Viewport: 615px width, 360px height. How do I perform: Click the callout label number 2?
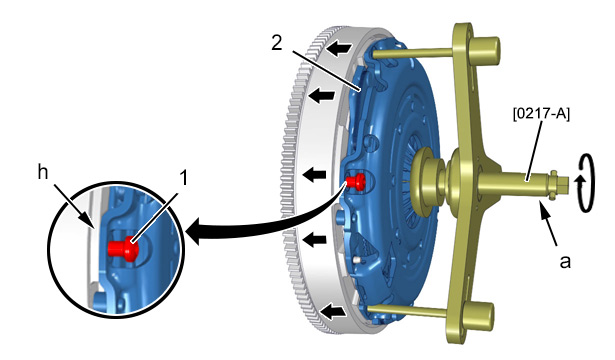coord(277,42)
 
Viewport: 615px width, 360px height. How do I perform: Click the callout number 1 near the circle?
coord(183,178)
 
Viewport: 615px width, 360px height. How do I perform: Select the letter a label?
coord(565,261)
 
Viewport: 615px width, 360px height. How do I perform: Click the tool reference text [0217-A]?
coord(541,114)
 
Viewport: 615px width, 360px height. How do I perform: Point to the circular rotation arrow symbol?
coord(585,184)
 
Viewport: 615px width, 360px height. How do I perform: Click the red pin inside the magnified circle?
coord(123,247)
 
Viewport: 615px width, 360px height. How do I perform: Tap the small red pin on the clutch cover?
coord(356,181)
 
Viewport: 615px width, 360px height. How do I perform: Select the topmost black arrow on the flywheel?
coord(339,49)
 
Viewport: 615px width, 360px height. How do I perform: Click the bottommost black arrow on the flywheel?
coord(334,313)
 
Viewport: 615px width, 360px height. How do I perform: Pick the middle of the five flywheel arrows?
coord(314,174)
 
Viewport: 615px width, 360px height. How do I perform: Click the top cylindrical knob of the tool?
coord(486,50)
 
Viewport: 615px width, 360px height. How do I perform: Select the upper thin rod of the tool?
coord(412,54)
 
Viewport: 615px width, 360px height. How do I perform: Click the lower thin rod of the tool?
coord(408,311)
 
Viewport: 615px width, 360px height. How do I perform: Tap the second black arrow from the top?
coord(322,95)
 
